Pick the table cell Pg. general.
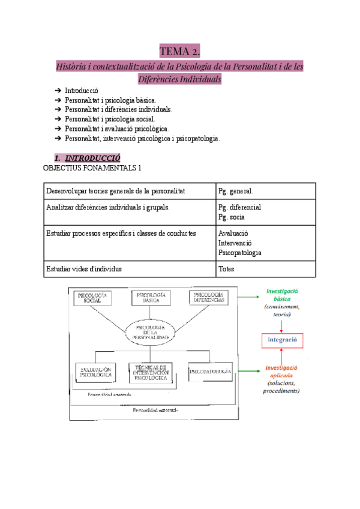coord(239,191)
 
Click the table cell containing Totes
coord(226,269)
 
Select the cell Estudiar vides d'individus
coord(88,269)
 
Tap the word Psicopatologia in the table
coord(240,253)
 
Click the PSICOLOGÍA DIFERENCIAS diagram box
coord(209,297)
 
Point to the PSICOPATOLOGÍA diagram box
coord(210,372)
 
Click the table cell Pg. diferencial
coord(240,207)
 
